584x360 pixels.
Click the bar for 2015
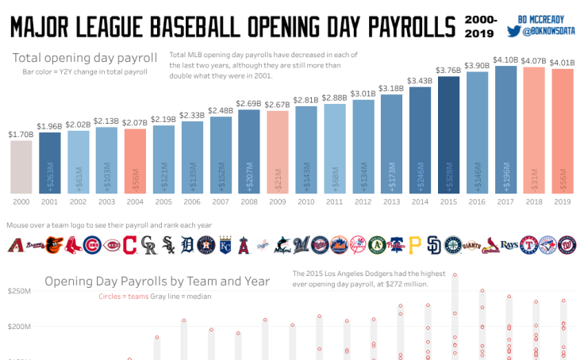tap(448, 136)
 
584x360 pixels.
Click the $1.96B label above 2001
tap(50, 126)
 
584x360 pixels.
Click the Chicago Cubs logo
tap(92, 245)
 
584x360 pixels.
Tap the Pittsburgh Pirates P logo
tap(414, 245)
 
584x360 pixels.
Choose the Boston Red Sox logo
tap(73, 245)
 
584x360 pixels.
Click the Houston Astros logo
tap(206, 245)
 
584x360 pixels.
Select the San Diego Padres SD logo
tap(433, 245)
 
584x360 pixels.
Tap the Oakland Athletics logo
tap(376, 245)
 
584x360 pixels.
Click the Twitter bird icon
tap(513, 33)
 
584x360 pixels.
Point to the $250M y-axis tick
tap(18, 292)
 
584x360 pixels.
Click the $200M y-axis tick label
tap(18, 326)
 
